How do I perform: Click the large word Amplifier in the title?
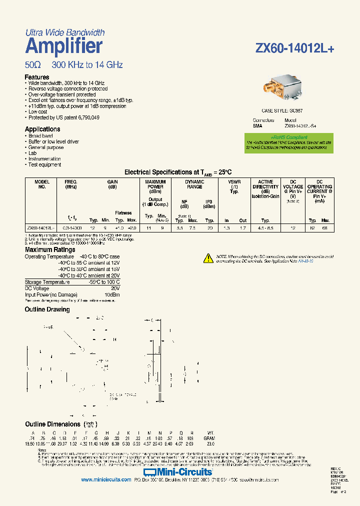tap(63, 46)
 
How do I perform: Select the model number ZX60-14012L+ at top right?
tap(294, 48)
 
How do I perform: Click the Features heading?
tap(37, 77)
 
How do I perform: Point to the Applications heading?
tap(42, 129)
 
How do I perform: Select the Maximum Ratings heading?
tap(50, 249)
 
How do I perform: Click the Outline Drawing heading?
tap(47, 309)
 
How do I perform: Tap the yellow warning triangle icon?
tap(208, 258)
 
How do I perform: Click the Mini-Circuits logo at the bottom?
tap(177, 471)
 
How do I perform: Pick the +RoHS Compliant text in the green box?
tap(289, 136)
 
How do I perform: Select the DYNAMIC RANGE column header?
tap(194, 184)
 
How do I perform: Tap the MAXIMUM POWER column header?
tap(155, 184)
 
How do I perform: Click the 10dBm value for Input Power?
tap(111, 294)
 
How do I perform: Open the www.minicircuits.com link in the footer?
tap(105, 479)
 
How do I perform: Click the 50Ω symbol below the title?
tap(33, 65)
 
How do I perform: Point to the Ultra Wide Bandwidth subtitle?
tap(65, 32)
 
